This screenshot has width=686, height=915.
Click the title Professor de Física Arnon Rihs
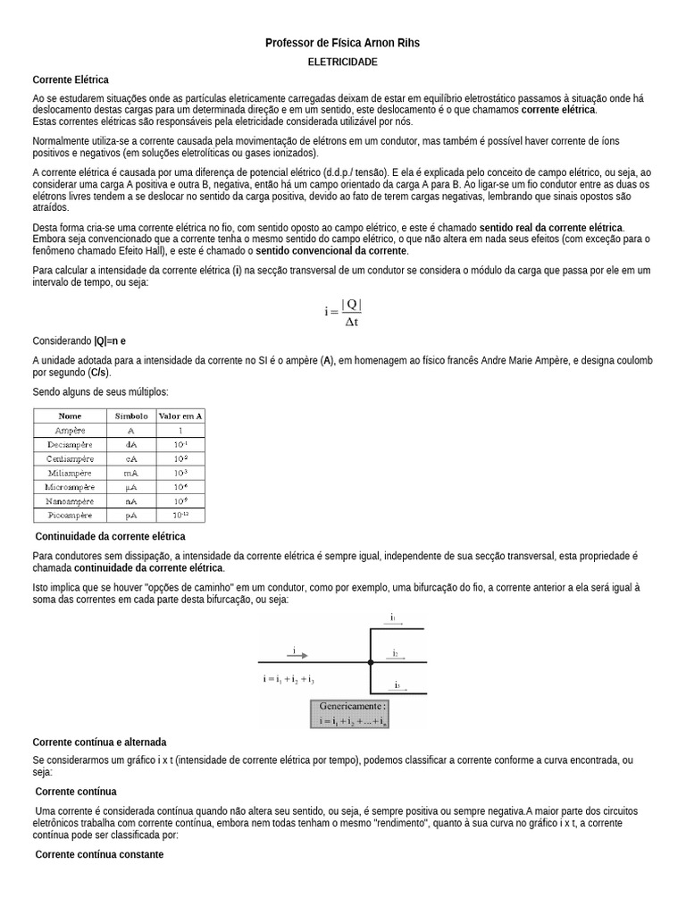tap(342, 43)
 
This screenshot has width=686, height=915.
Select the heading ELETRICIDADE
tap(342, 62)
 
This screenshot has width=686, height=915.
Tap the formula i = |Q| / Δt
tap(343, 312)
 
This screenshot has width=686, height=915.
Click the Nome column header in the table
tap(70, 416)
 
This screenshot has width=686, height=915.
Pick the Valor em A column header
tap(180, 416)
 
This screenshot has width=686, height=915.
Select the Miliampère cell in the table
tap(70, 472)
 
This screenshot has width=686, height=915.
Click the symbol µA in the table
tap(131, 486)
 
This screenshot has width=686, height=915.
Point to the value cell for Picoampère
tap(180, 516)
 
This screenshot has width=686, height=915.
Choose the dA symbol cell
tap(131, 444)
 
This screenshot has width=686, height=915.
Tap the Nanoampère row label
tap(70, 501)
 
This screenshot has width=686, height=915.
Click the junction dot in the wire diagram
tap(370, 662)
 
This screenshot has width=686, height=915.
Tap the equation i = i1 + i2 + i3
tap(289, 680)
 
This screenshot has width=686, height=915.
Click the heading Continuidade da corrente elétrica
tap(110, 536)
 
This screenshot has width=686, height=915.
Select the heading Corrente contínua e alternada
tap(99, 743)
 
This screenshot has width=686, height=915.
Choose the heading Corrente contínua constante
tap(99, 854)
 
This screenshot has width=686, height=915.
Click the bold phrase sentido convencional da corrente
tap(331, 251)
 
